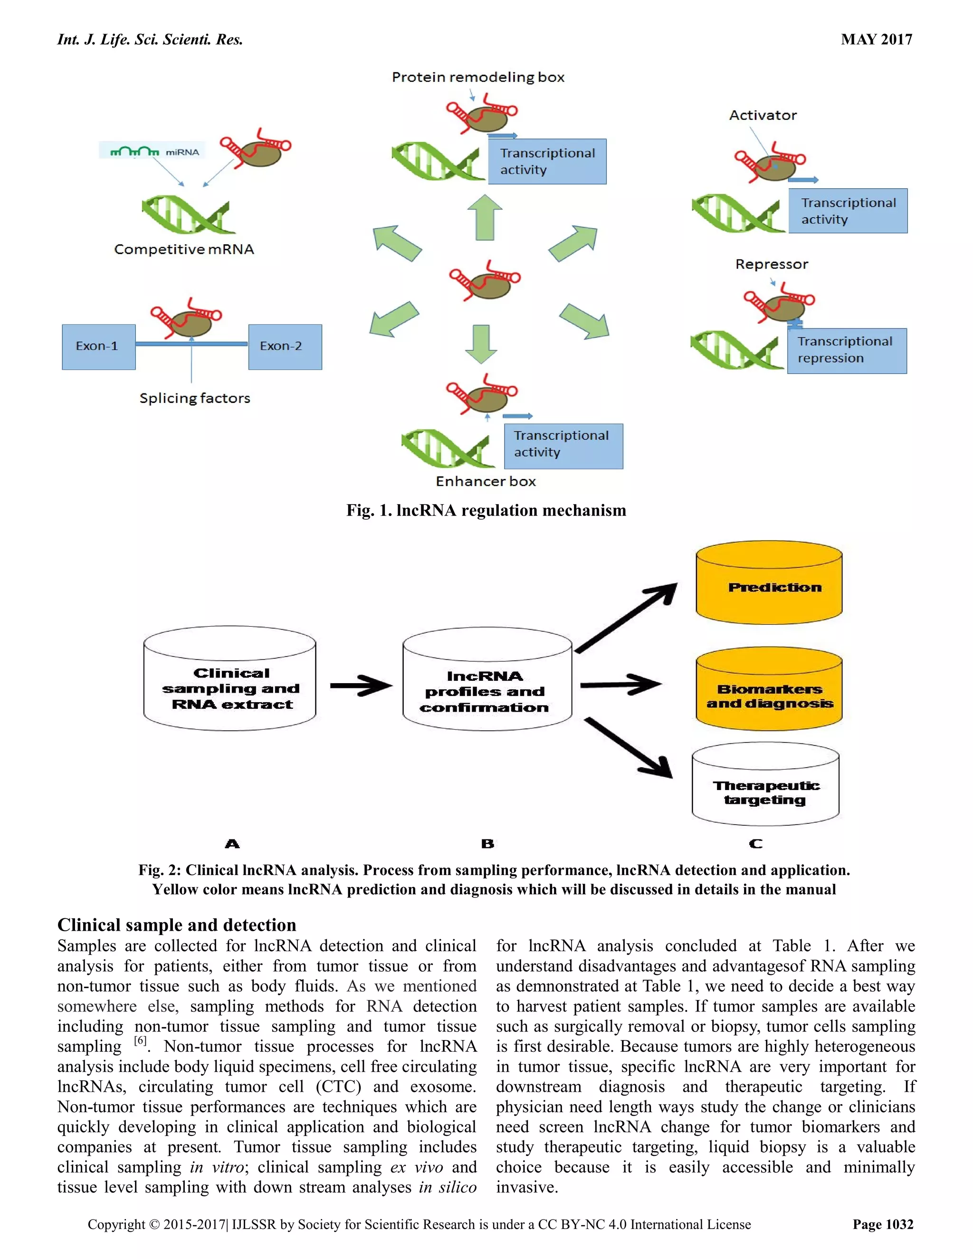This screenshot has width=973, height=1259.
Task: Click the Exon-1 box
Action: [x=98, y=346]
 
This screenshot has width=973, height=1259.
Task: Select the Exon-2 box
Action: [x=285, y=346]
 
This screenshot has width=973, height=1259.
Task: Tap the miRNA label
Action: [x=181, y=152]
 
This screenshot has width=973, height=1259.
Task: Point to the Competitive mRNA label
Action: [x=184, y=249]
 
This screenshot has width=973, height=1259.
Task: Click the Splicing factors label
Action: [x=195, y=398]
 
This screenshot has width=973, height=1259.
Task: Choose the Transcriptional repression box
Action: [x=846, y=351]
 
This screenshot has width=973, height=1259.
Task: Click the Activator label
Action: [x=763, y=115]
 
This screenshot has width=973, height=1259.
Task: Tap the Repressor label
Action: [x=771, y=264]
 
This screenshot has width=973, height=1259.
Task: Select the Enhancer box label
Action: [x=486, y=481]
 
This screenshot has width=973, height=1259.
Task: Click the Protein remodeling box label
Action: [x=478, y=77]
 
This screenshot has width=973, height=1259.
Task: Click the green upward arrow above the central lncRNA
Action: [x=484, y=218]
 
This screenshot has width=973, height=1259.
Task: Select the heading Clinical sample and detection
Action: [x=176, y=924]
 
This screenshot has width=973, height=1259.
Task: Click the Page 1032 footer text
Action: [x=883, y=1224]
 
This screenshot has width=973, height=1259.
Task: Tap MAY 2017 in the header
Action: [x=876, y=39]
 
